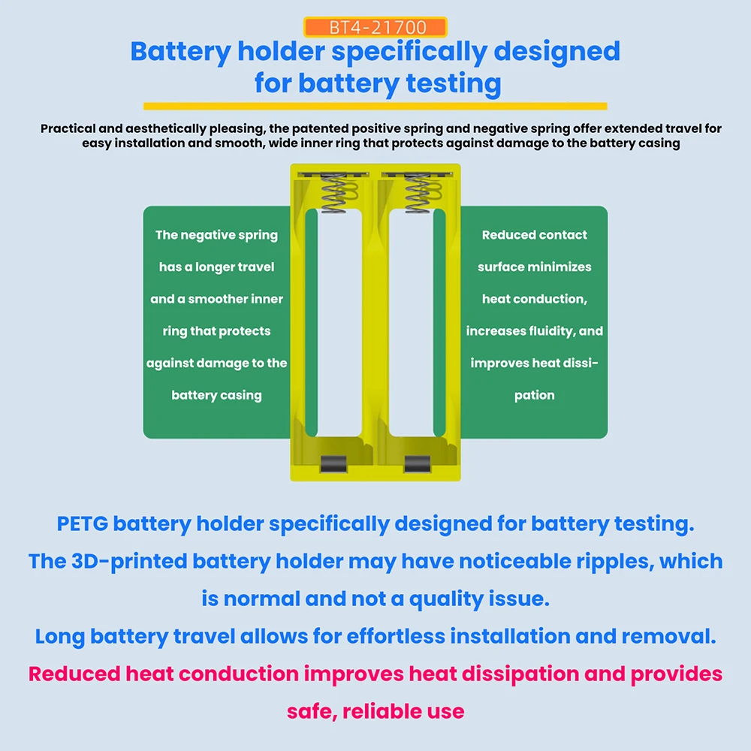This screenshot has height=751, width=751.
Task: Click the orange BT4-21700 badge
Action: [x=375, y=27]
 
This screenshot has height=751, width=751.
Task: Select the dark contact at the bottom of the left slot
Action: [x=334, y=463]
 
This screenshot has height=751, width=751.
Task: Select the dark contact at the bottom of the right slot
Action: [x=417, y=463]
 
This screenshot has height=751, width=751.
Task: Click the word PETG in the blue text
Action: [x=83, y=523]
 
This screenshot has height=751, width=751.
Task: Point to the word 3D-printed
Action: [x=129, y=561]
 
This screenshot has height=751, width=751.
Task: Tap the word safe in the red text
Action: [x=312, y=712]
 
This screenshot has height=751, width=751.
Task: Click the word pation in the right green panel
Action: [x=535, y=396]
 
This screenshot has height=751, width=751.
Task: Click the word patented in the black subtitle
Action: [x=319, y=128]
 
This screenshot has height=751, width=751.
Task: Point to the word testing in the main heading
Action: [x=454, y=83]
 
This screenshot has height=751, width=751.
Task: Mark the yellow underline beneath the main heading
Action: [x=375, y=107]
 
